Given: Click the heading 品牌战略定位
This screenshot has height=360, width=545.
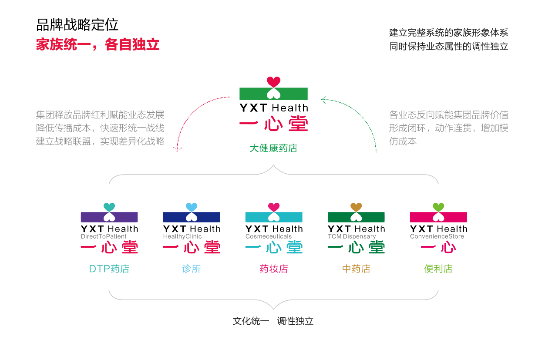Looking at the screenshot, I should (77, 25).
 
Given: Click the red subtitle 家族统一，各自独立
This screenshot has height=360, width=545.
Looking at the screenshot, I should (98, 45).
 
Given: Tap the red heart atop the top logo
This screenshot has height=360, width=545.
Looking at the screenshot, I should (273, 81).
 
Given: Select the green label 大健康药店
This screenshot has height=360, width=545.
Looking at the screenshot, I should (273, 148).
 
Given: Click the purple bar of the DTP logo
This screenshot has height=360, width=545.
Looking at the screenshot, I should (91, 217).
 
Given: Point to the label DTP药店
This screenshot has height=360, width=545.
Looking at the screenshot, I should (109, 269).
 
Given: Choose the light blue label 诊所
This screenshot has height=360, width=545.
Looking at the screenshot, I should (192, 269).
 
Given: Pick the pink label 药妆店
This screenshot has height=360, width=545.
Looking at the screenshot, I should (274, 269).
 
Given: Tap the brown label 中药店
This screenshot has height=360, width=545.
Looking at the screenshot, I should (356, 269).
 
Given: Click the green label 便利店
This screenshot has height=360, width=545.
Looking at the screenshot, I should (438, 269).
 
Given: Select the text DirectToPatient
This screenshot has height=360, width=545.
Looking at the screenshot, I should (104, 237).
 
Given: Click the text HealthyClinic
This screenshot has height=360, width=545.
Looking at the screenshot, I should (182, 237).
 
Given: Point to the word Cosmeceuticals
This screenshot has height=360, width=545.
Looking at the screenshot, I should (269, 237).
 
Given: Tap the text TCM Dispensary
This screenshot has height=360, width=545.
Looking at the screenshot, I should (352, 237).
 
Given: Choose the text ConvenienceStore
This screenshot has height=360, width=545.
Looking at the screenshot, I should (437, 237).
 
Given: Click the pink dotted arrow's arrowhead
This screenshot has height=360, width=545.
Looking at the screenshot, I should (177, 149).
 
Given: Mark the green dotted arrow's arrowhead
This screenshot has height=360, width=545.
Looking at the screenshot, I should (323, 100).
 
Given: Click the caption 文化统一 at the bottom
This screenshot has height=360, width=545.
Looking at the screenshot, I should (251, 321).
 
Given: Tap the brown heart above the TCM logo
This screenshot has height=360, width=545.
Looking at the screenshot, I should (356, 207).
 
